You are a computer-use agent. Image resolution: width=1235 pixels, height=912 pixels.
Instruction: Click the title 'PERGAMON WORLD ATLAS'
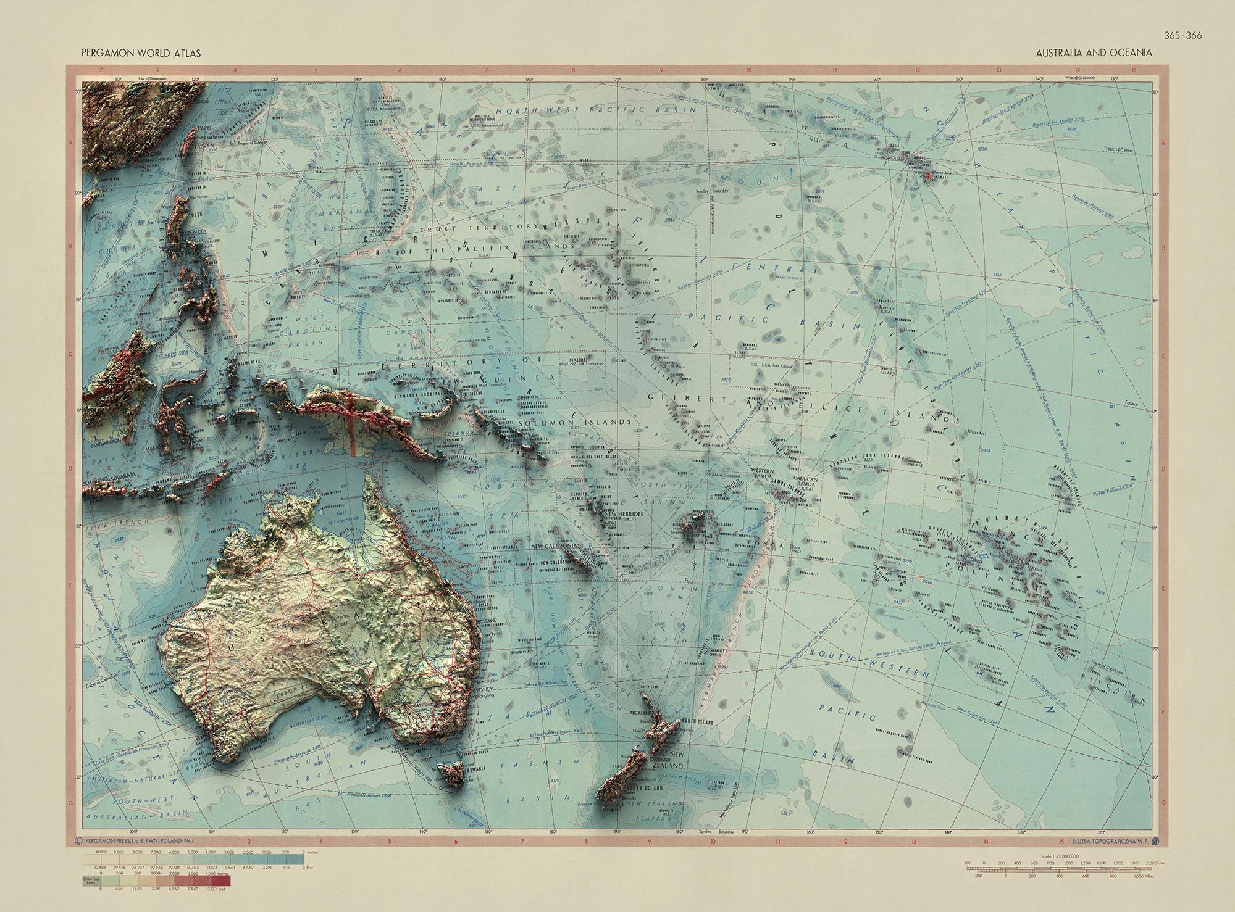point(141,54)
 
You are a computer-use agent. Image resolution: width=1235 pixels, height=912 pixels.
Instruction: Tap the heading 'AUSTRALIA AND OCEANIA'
point(1094,53)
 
